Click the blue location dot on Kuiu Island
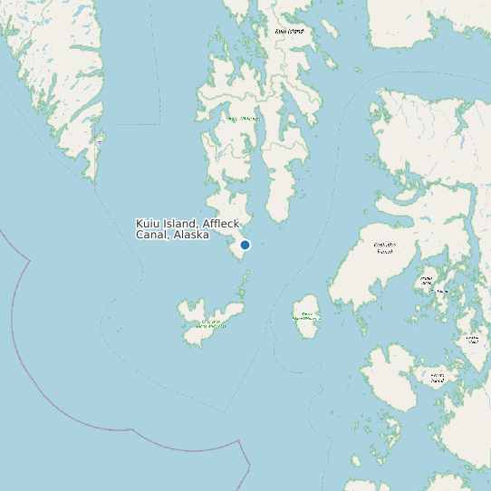245,245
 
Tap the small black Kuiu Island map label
289,31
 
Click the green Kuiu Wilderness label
245,119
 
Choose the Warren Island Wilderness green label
306,317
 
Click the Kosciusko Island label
384,247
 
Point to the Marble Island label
426,280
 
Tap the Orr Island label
441,291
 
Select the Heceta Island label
438,377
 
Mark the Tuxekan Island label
472,341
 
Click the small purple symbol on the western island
99,142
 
